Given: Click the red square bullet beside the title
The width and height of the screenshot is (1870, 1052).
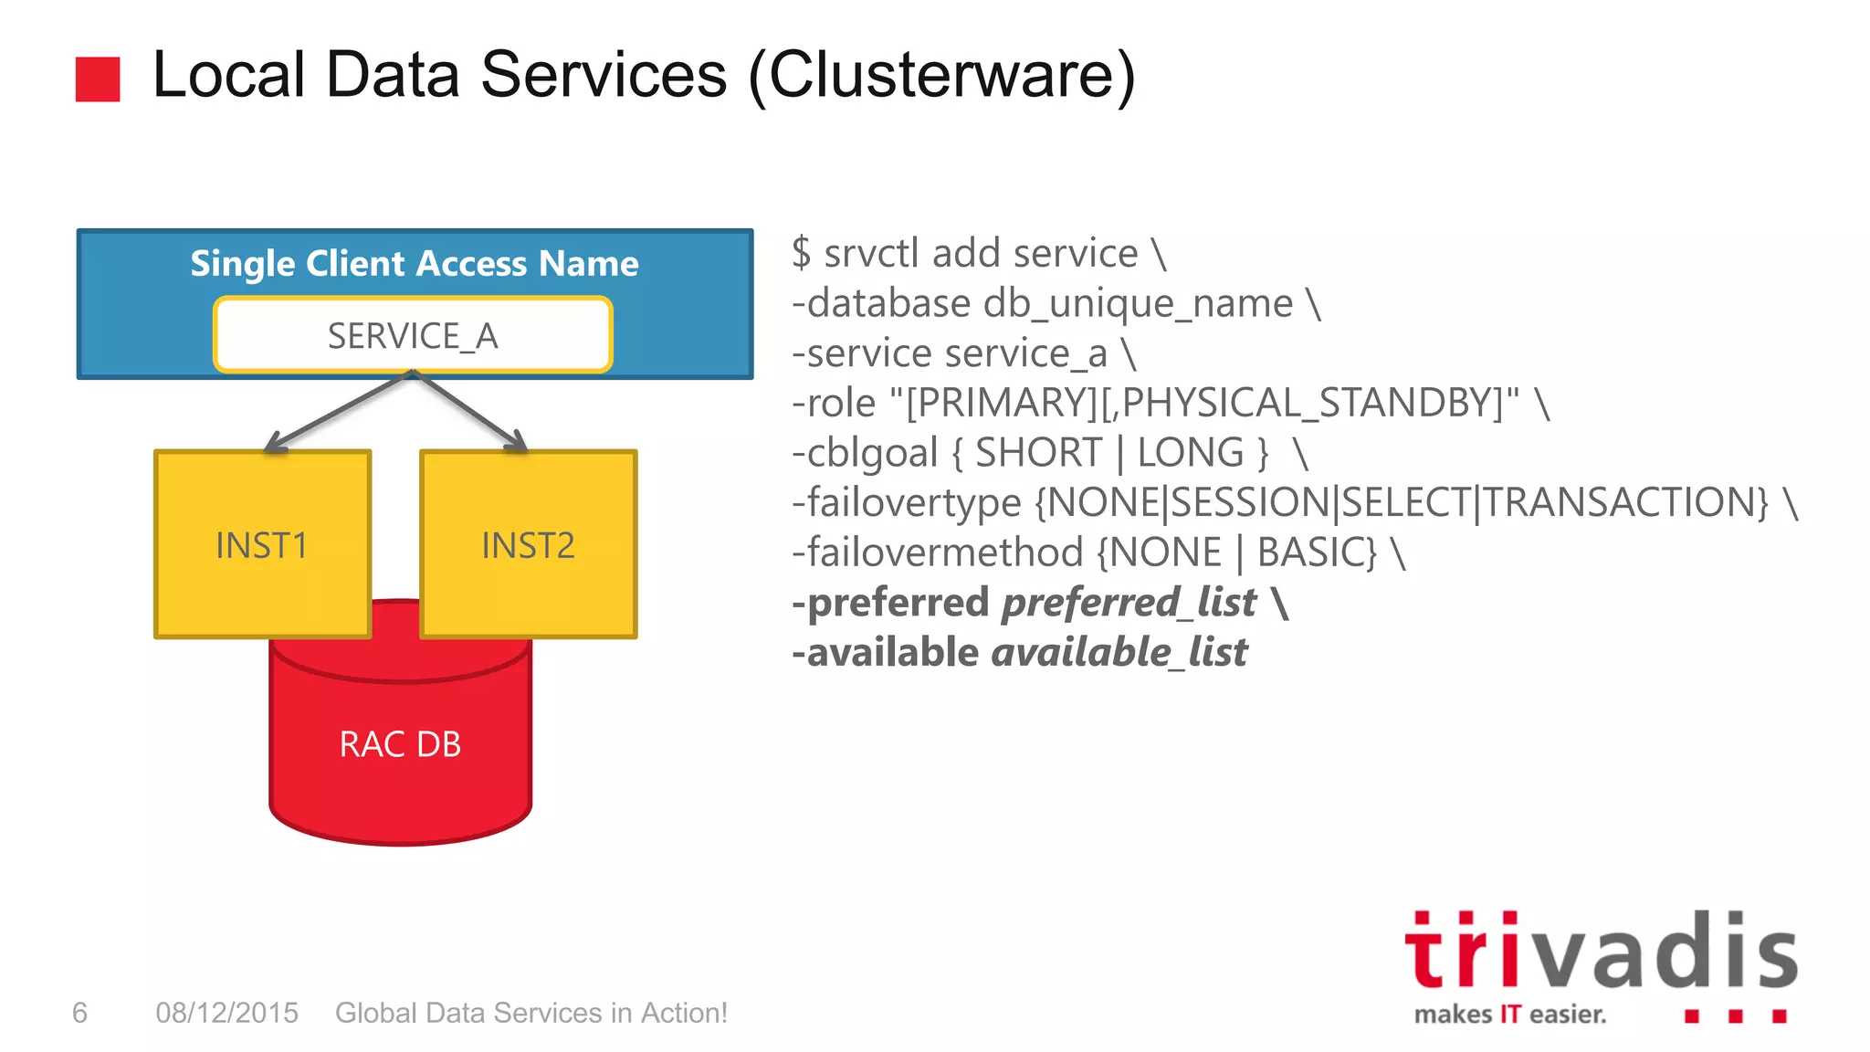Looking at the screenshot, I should point(98,79).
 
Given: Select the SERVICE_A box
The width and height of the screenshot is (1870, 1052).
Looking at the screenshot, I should point(413,335).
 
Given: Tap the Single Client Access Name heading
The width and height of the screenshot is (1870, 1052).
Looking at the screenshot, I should point(414,263).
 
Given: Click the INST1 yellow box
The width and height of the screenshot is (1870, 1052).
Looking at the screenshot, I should point(262,544).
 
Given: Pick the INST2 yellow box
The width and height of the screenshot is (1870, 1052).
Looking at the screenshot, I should point(528,544).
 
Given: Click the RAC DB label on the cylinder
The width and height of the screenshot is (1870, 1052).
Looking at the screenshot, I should point(400,744).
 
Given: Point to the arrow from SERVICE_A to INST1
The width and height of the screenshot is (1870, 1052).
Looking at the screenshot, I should point(338,412).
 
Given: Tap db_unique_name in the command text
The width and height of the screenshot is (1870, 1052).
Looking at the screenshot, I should point(1138,303).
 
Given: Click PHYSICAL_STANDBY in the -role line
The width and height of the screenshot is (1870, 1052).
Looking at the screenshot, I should point(1310,403).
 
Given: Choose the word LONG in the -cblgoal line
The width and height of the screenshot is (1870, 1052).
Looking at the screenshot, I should point(1190,453).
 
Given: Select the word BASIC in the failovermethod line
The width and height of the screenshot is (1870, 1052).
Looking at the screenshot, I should point(1315,552).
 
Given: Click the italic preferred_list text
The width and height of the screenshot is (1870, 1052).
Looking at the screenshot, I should point(1129,603).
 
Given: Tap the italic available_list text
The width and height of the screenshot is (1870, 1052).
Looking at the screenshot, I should point(1119,653).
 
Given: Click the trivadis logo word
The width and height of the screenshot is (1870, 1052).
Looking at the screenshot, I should point(1600,952).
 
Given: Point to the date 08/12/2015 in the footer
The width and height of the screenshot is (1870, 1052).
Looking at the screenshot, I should point(226,1013).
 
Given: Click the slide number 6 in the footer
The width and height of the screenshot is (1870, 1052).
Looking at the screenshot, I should point(79,1013).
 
